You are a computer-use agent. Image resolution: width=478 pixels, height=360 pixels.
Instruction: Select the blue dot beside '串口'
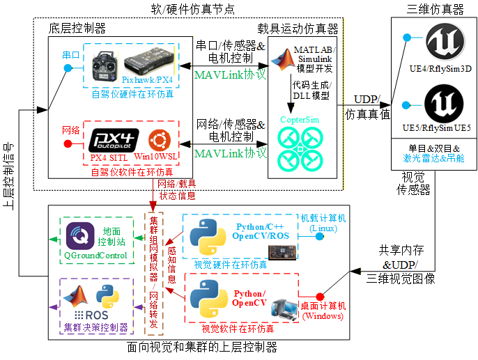pos(68,68)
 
